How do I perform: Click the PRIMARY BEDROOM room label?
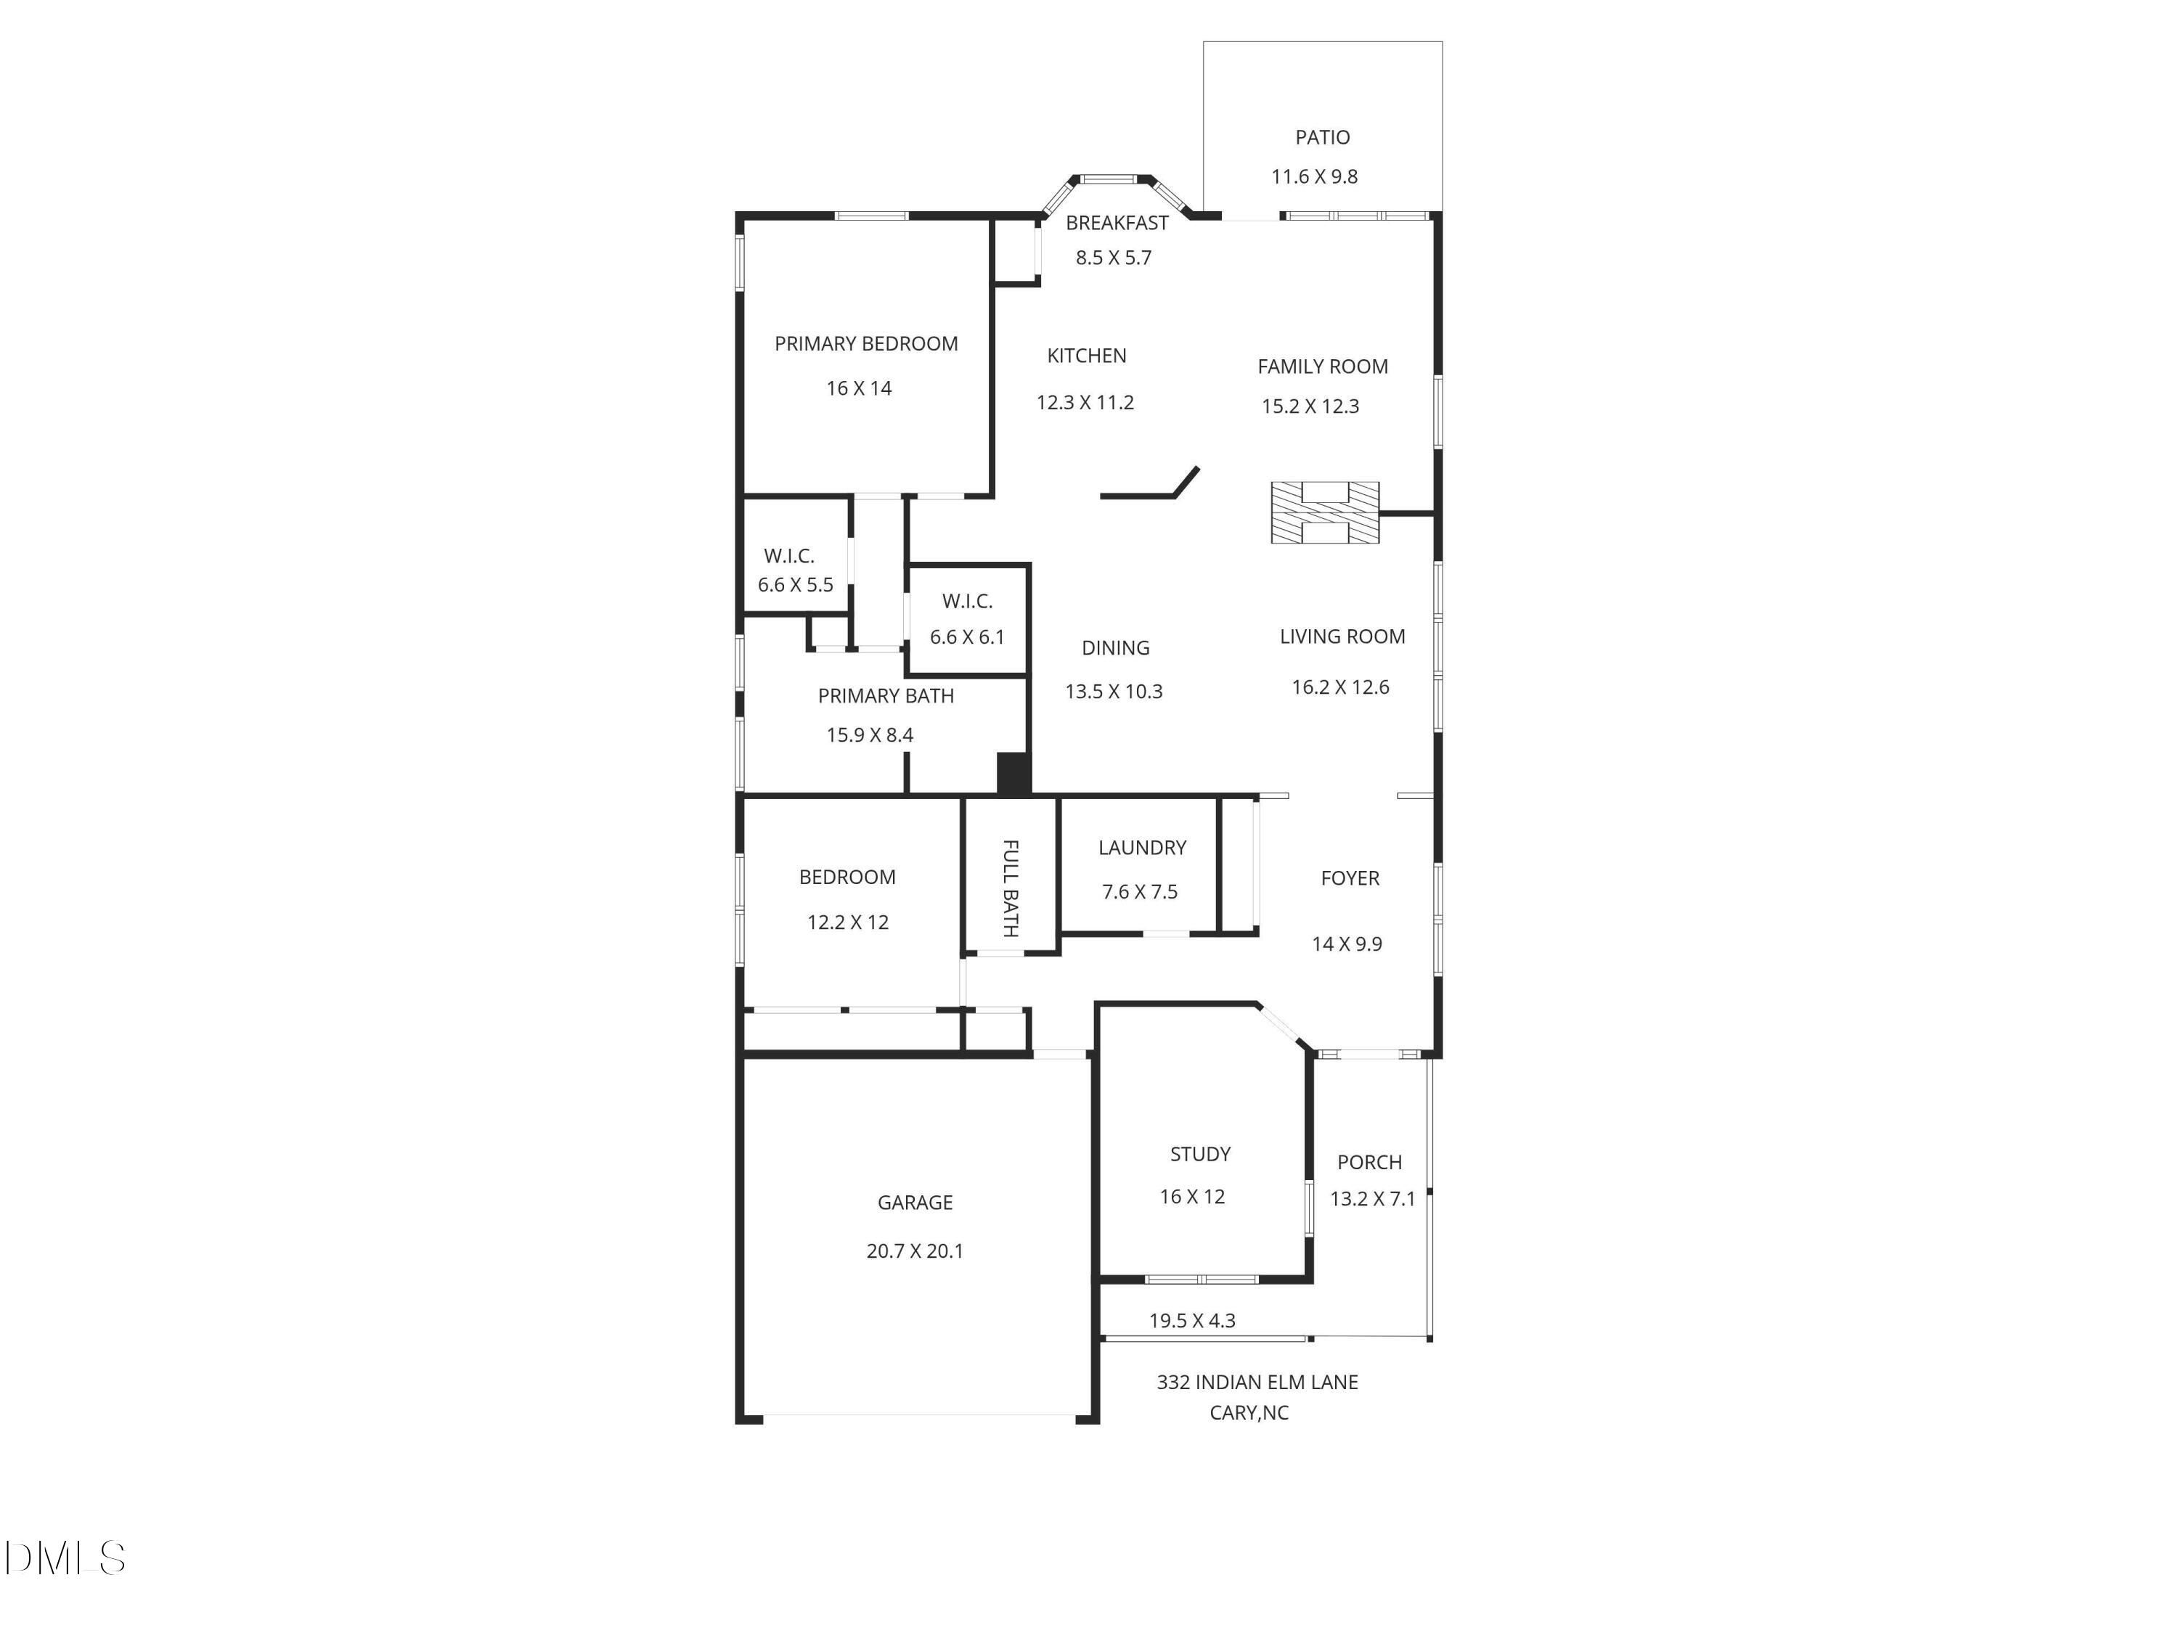click(865, 343)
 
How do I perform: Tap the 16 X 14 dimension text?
click(859, 388)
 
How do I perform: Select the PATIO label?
click(1322, 137)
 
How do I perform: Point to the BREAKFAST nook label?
click(1117, 223)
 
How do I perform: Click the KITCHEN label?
click(1086, 356)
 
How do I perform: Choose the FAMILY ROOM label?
click(1322, 367)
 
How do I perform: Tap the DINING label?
click(1116, 647)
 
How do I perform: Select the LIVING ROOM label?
click(1342, 636)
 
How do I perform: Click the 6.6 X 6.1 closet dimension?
click(967, 637)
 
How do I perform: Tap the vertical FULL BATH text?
click(1011, 888)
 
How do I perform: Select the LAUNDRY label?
click(1142, 848)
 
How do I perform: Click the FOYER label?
click(1350, 878)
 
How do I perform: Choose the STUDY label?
click(1200, 1154)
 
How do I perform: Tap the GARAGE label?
click(915, 1202)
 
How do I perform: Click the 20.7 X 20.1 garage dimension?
click(915, 1251)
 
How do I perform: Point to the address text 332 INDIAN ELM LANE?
click(1257, 1382)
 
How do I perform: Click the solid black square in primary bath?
click(1013, 773)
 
